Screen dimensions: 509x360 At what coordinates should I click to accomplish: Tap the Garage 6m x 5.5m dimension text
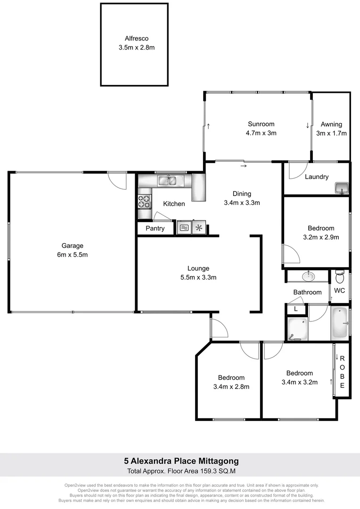coord(72,254)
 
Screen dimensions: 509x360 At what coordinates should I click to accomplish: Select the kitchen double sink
coord(167,180)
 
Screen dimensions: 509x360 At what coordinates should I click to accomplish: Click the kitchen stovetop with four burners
coord(144,202)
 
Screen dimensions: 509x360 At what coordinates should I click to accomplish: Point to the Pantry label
coord(155,229)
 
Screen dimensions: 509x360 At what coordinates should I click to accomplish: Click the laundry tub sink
coord(340,189)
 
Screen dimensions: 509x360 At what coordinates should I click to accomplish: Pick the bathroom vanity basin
coord(310,275)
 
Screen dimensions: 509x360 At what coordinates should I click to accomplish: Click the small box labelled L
coord(295,309)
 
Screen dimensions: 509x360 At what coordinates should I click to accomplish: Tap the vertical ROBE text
coord(342,372)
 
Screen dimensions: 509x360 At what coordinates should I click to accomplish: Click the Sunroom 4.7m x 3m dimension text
coord(261,133)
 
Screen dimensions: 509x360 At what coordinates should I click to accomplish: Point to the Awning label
coord(331,124)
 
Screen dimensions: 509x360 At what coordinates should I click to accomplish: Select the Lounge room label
coord(197,268)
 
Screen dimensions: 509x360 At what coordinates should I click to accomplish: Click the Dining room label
coord(242,194)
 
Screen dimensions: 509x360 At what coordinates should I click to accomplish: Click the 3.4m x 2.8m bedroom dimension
coord(231,386)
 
